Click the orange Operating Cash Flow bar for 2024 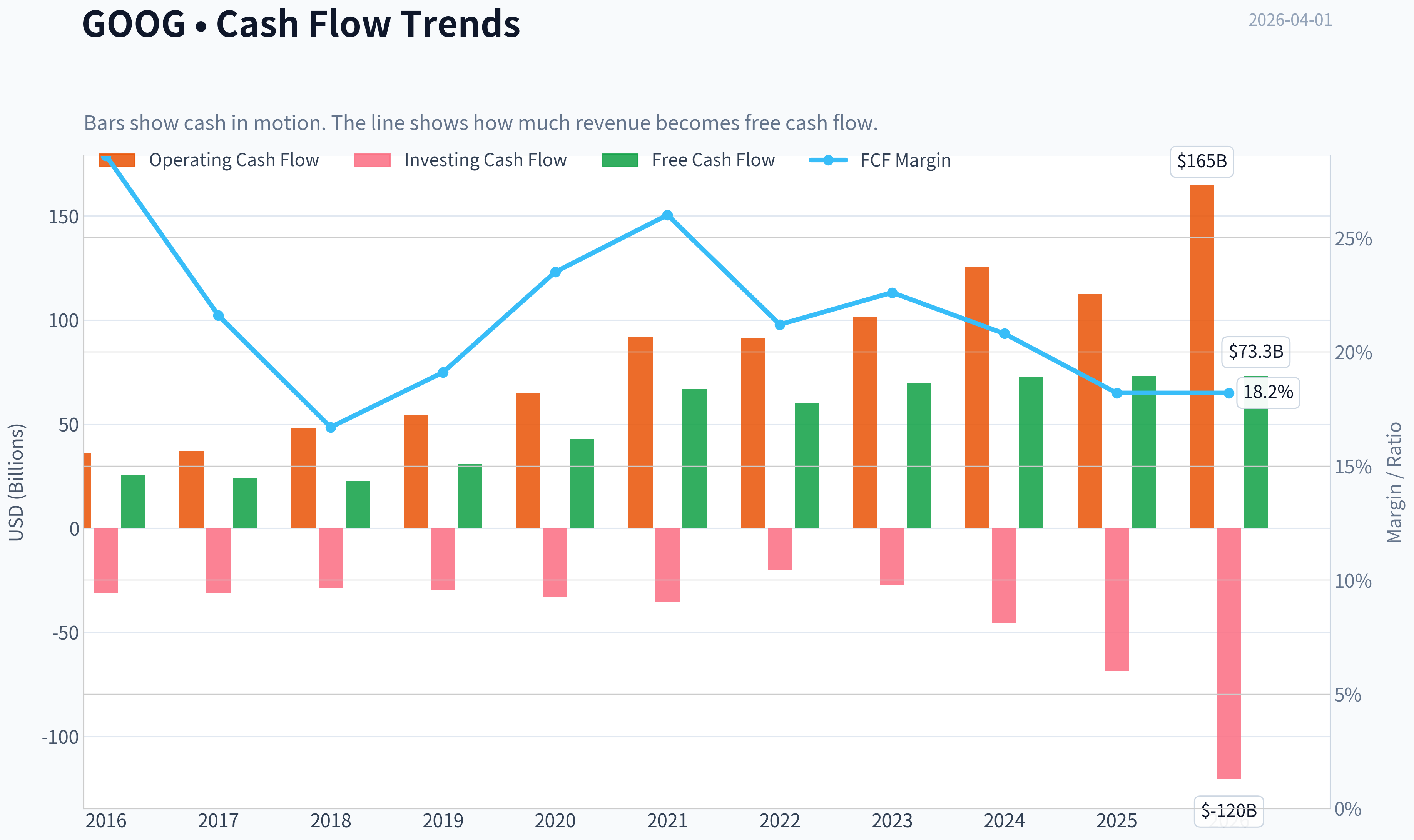coord(977,397)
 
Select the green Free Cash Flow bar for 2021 coord(694,458)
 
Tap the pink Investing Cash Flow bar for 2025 coord(1116,600)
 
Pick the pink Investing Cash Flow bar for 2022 coord(780,549)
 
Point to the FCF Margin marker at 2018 coord(331,427)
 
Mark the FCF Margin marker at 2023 coord(892,293)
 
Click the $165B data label coord(1202,161)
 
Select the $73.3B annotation coord(1255,352)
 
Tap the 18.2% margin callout coord(1268,392)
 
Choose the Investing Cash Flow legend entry coord(460,160)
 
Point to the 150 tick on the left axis coord(64,217)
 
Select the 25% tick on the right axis coord(1353,239)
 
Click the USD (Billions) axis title coord(17,482)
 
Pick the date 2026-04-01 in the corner coord(1290,20)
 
